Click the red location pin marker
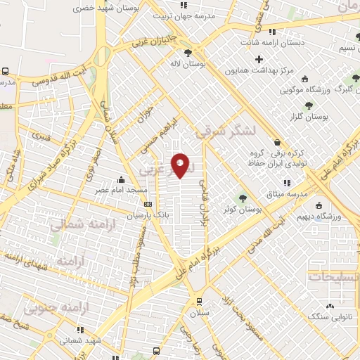(x=181, y=166)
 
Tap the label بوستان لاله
(x=188, y=63)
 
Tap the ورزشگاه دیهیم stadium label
(x=319, y=217)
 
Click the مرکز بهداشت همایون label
(x=259, y=70)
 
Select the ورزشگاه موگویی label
(x=306, y=90)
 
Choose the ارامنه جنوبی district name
(x=53, y=307)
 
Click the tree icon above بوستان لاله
(x=188, y=52)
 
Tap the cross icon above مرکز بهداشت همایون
(x=259, y=59)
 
